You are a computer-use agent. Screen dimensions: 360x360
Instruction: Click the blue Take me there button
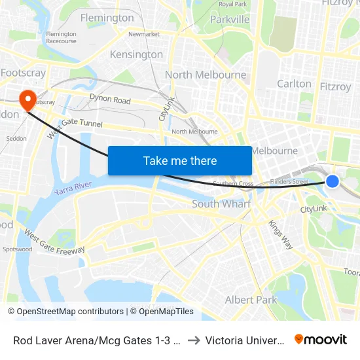coord(180,160)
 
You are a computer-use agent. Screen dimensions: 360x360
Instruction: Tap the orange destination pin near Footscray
coord(27,100)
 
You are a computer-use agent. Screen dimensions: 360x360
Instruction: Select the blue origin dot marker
coord(333,181)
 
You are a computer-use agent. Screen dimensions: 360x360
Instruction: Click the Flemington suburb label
coord(107,18)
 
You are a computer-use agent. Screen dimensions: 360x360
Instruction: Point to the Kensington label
coord(136,54)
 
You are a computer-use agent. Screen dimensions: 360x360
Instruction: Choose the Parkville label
coord(230,20)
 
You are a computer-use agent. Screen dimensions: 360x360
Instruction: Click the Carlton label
coord(294,84)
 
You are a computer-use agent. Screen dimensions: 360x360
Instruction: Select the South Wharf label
coord(221,204)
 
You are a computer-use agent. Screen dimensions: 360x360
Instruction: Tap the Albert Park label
coord(251,300)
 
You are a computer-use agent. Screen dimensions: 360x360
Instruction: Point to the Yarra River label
coord(73,187)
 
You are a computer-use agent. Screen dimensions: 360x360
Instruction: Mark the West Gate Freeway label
coord(54,242)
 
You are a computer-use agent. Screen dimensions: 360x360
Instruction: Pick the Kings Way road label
coord(280,234)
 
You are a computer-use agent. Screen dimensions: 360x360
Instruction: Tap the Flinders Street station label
coord(289,181)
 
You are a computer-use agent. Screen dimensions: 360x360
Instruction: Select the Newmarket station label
coord(144,34)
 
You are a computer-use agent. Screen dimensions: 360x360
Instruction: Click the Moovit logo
coord(320,339)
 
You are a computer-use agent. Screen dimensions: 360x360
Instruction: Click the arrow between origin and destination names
coord(194,340)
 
